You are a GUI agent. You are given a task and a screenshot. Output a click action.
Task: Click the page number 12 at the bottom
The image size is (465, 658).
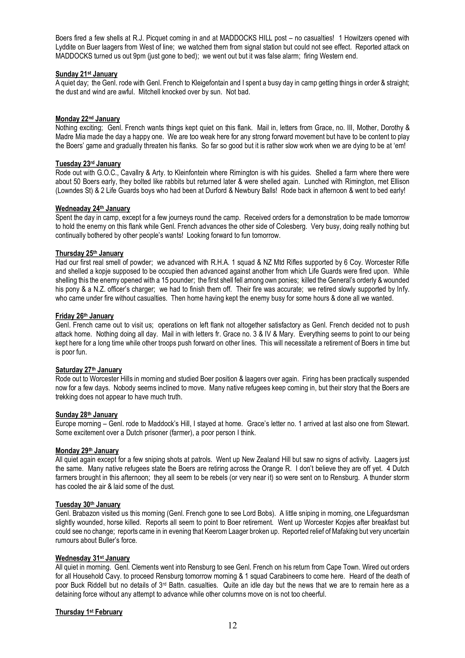point(232,633)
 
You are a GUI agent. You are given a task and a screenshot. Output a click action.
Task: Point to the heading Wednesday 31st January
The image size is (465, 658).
point(92,558)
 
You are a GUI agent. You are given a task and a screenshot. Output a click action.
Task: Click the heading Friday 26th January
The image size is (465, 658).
point(85,316)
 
